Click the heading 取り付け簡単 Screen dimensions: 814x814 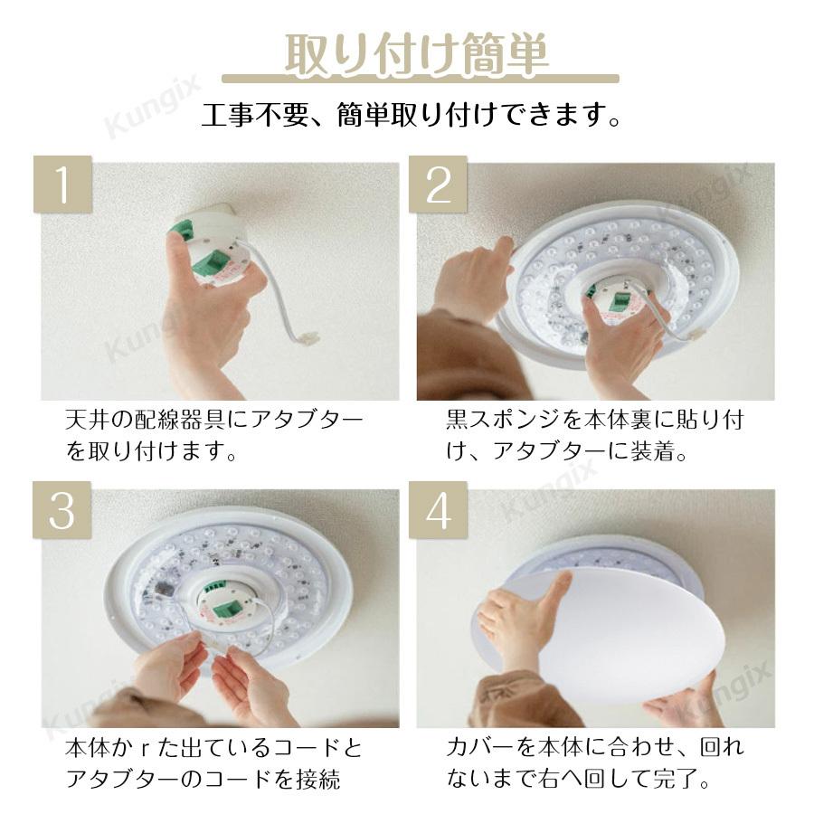pos(416,54)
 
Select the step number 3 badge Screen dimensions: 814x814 pos(62,511)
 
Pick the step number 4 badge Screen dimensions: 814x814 pos(438,511)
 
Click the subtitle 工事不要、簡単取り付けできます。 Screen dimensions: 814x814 pos(412,116)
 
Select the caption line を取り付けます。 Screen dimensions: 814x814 pos(152,451)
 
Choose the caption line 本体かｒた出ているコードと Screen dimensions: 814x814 pos(214,749)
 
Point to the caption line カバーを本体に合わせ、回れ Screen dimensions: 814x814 pos(594,749)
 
